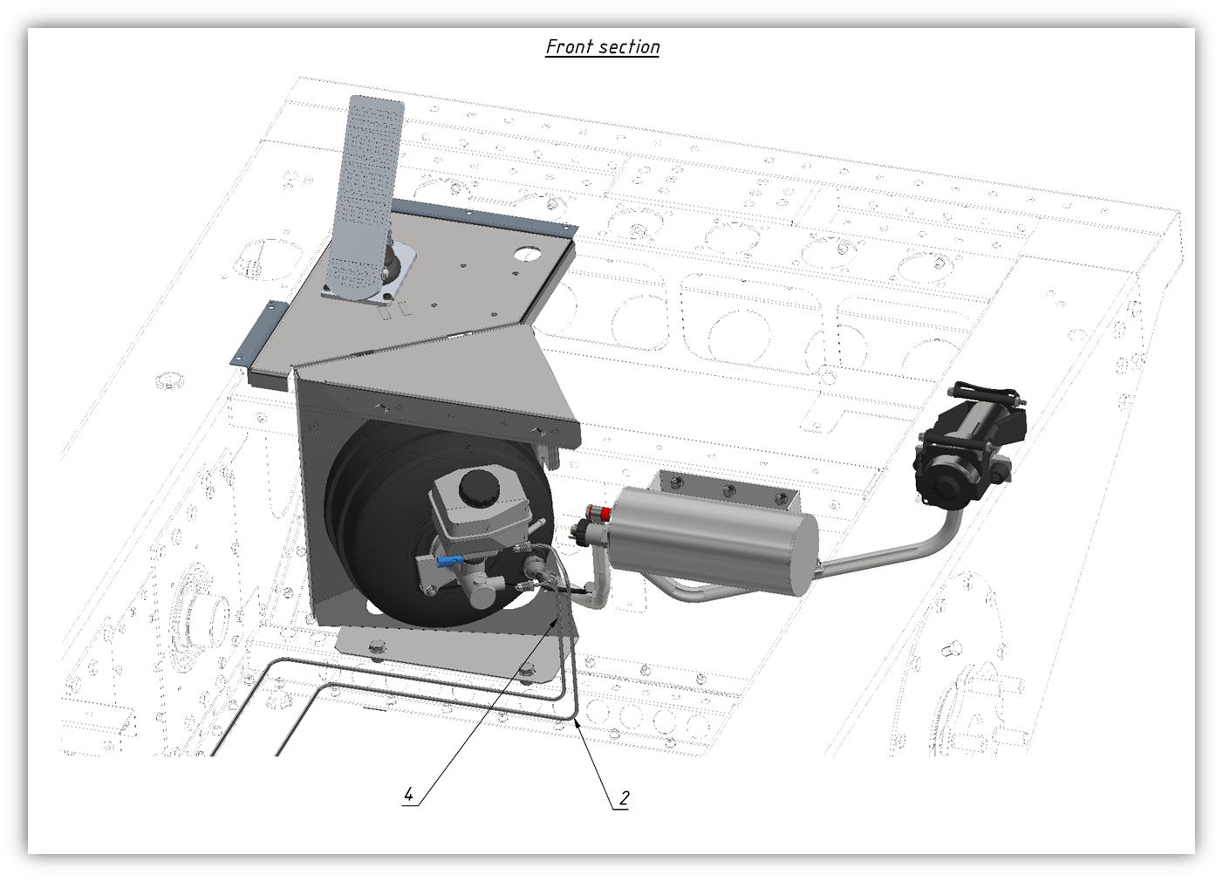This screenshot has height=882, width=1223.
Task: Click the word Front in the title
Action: click(567, 47)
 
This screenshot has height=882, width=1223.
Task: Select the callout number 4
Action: click(408, 794)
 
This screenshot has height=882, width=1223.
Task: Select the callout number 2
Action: click(624, 798)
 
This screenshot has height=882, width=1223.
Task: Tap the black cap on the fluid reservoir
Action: click(479, 487)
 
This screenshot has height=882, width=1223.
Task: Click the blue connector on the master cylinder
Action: click(449, 561)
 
